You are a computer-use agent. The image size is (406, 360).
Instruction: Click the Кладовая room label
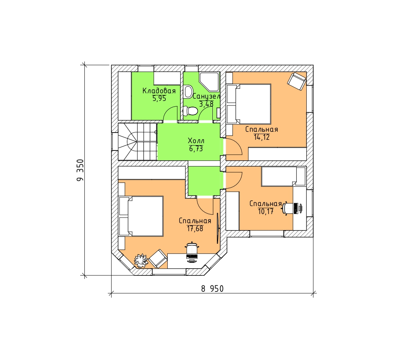point(159,91)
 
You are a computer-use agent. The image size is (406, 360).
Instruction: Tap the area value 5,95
point(159,98)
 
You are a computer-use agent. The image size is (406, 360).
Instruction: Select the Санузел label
point(206,97)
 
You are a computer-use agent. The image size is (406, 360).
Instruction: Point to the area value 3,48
point(206,104)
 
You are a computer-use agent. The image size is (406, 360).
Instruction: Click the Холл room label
point(196,141)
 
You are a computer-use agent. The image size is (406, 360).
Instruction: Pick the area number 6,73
point(196,149)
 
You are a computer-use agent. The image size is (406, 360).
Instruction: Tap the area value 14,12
point(262,137)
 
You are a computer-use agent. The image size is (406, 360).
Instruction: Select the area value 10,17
point(266,211)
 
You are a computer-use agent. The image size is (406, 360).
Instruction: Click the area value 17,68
point(195,228)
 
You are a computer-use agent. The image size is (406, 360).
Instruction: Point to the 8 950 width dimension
point(212,289)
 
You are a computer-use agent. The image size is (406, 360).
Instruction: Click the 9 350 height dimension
point(81,170)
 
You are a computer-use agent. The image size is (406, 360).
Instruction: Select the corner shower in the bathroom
point(209,82)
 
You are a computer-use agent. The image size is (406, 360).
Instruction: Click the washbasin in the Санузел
point(188,91)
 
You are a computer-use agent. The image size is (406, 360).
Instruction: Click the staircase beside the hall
point(137,142)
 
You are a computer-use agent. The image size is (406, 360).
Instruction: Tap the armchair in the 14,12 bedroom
point(296,82)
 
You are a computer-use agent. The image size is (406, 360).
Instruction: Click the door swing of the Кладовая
point(170,114)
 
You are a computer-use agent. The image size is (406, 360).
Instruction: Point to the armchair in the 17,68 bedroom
point(158,259)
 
